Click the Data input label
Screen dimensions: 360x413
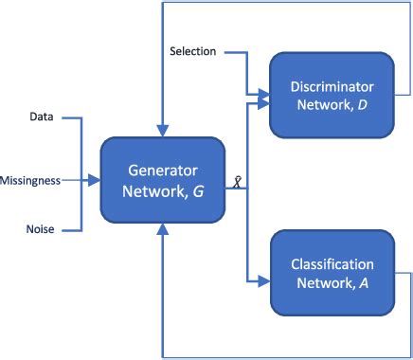(42, 118)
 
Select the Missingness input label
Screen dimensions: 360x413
(29, 178)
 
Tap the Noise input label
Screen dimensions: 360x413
(41, 228)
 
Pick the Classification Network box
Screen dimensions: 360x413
(332, 273)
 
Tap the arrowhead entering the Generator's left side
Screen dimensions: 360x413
(96, 178)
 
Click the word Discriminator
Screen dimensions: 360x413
(332, 87)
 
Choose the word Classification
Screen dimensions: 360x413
(332, 264)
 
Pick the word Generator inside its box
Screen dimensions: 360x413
(163, 171)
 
